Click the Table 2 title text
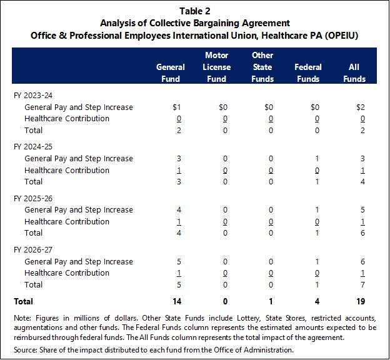coord(195,11)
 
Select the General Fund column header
coord(171,73)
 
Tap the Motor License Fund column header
coord(216,67)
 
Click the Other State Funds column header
coord(262,67)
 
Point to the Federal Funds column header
coord(308,73)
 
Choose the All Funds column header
coord(354,73)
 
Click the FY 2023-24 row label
coord(33,96)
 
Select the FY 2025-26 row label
coord(33,199)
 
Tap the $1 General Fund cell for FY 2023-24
coord(177,107)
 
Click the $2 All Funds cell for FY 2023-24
coord(361,107)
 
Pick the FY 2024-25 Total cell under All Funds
coord(362,182)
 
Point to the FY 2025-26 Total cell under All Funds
coord(362,233)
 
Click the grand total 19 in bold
coord(361,301)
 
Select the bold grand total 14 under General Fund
coord(177,301)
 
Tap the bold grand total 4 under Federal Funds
coord(317,301)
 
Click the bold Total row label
coord(23,301)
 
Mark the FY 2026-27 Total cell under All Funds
coord(362,284)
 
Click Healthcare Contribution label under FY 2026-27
coord(67,273)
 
